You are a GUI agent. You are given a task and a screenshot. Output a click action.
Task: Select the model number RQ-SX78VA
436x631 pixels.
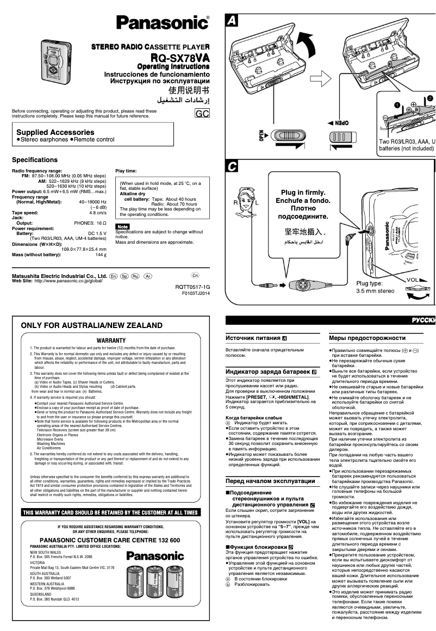point(180,58)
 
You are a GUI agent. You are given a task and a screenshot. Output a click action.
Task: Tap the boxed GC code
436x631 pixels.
point(202,114)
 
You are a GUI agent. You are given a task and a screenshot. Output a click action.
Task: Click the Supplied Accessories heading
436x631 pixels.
point(55,132)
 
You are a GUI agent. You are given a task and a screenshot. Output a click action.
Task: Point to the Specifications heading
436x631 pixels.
point(35,160)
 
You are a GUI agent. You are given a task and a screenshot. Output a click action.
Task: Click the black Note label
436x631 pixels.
point(122,226)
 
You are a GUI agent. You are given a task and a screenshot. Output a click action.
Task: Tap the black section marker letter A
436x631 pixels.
point(231,21)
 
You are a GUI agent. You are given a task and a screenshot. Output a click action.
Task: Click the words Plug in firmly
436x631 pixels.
point(303,193)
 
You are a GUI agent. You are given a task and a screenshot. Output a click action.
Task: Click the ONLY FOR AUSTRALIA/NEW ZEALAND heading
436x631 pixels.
point(91,325)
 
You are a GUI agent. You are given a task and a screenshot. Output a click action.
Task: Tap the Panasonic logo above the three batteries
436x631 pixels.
point(155,556)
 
